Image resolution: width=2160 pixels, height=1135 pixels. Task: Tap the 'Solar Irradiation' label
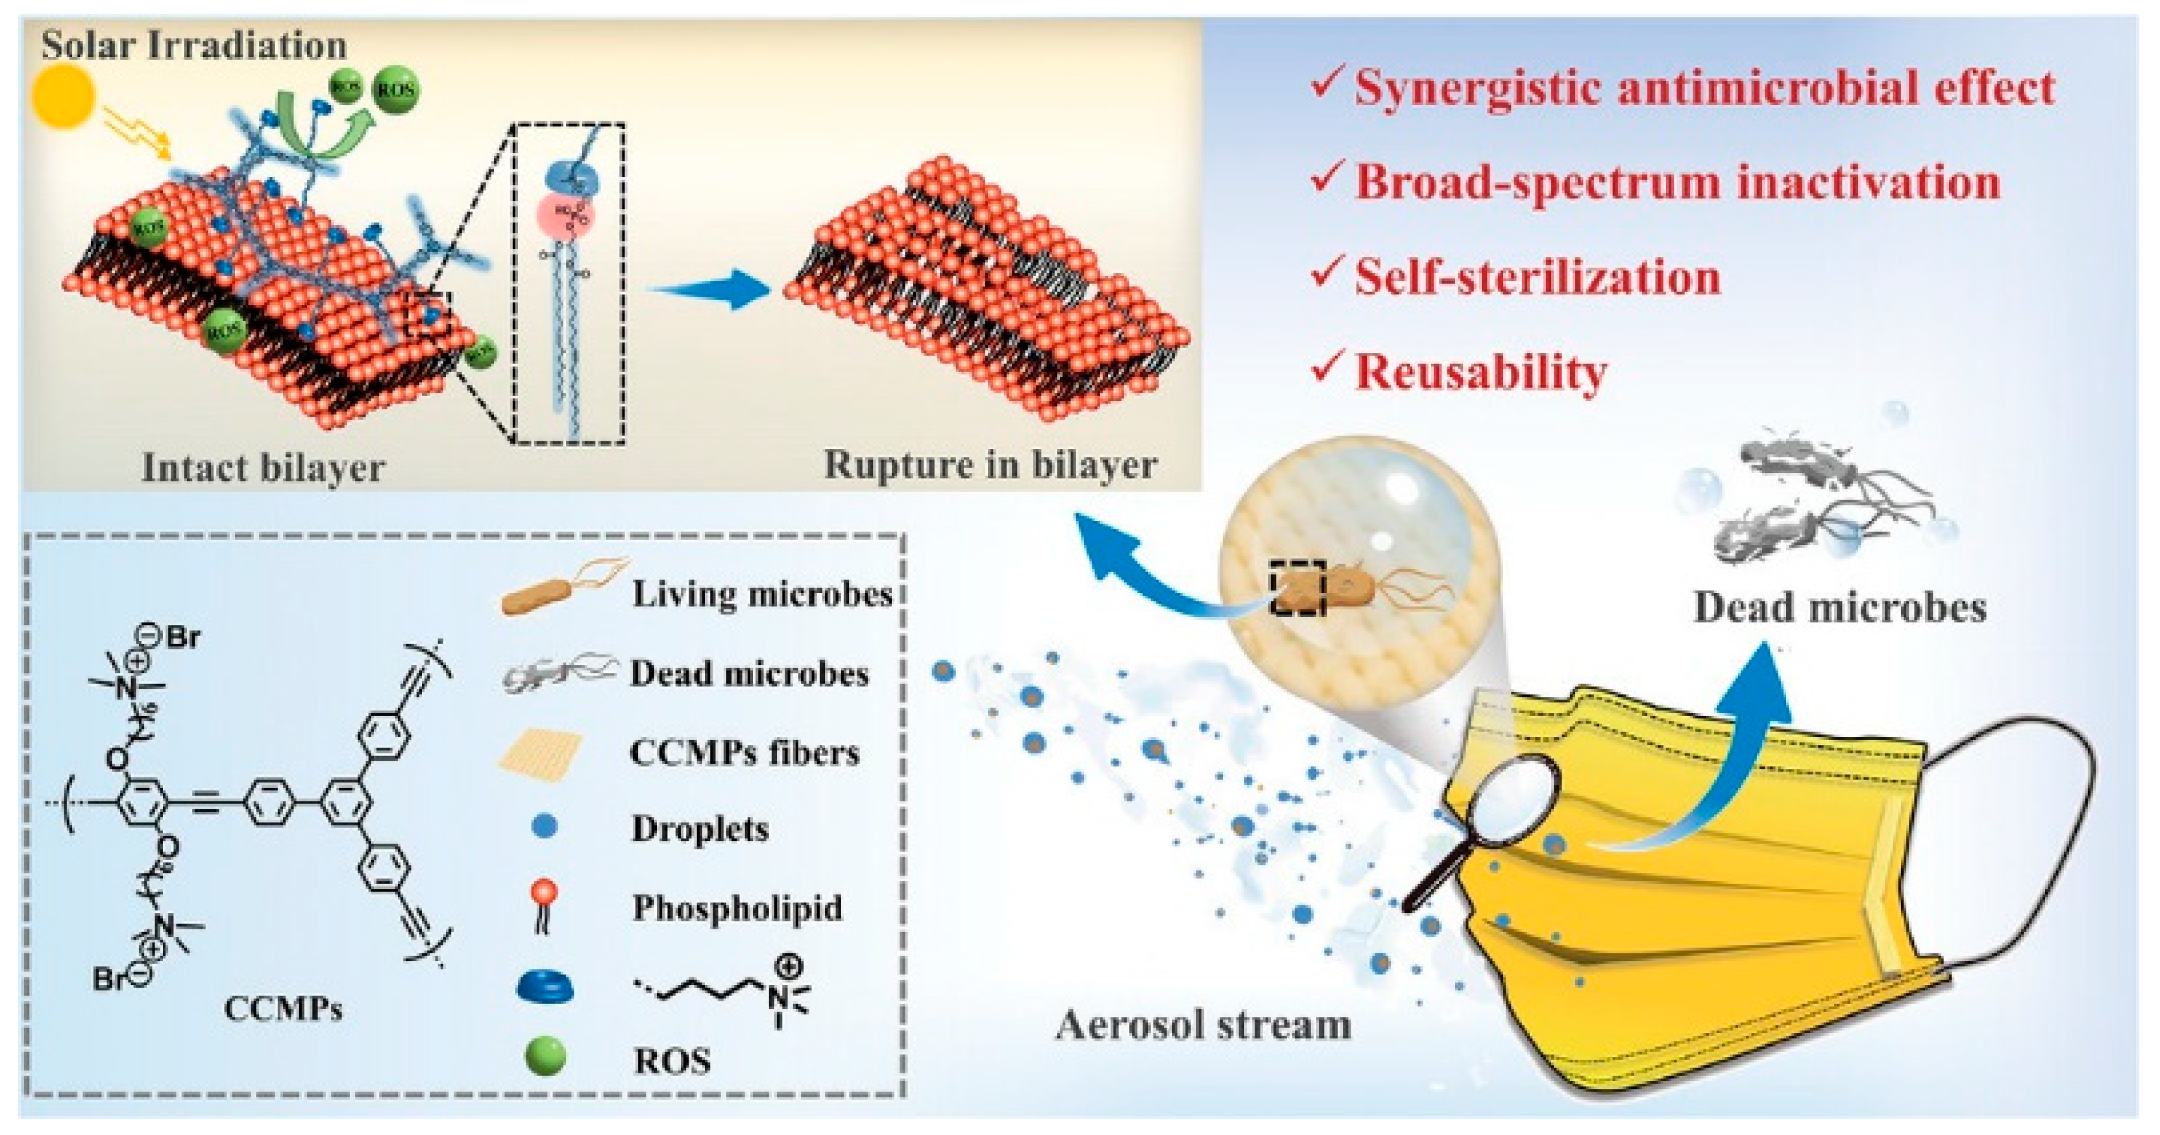point(193,44)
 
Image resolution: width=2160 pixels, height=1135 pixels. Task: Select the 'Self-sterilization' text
point(1537,276)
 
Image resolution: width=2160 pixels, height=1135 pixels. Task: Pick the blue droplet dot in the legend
point(545,827)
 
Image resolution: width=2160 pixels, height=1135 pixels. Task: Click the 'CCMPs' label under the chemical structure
point(282,1008)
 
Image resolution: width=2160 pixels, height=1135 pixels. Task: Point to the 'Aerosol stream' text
point(1203,1024)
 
